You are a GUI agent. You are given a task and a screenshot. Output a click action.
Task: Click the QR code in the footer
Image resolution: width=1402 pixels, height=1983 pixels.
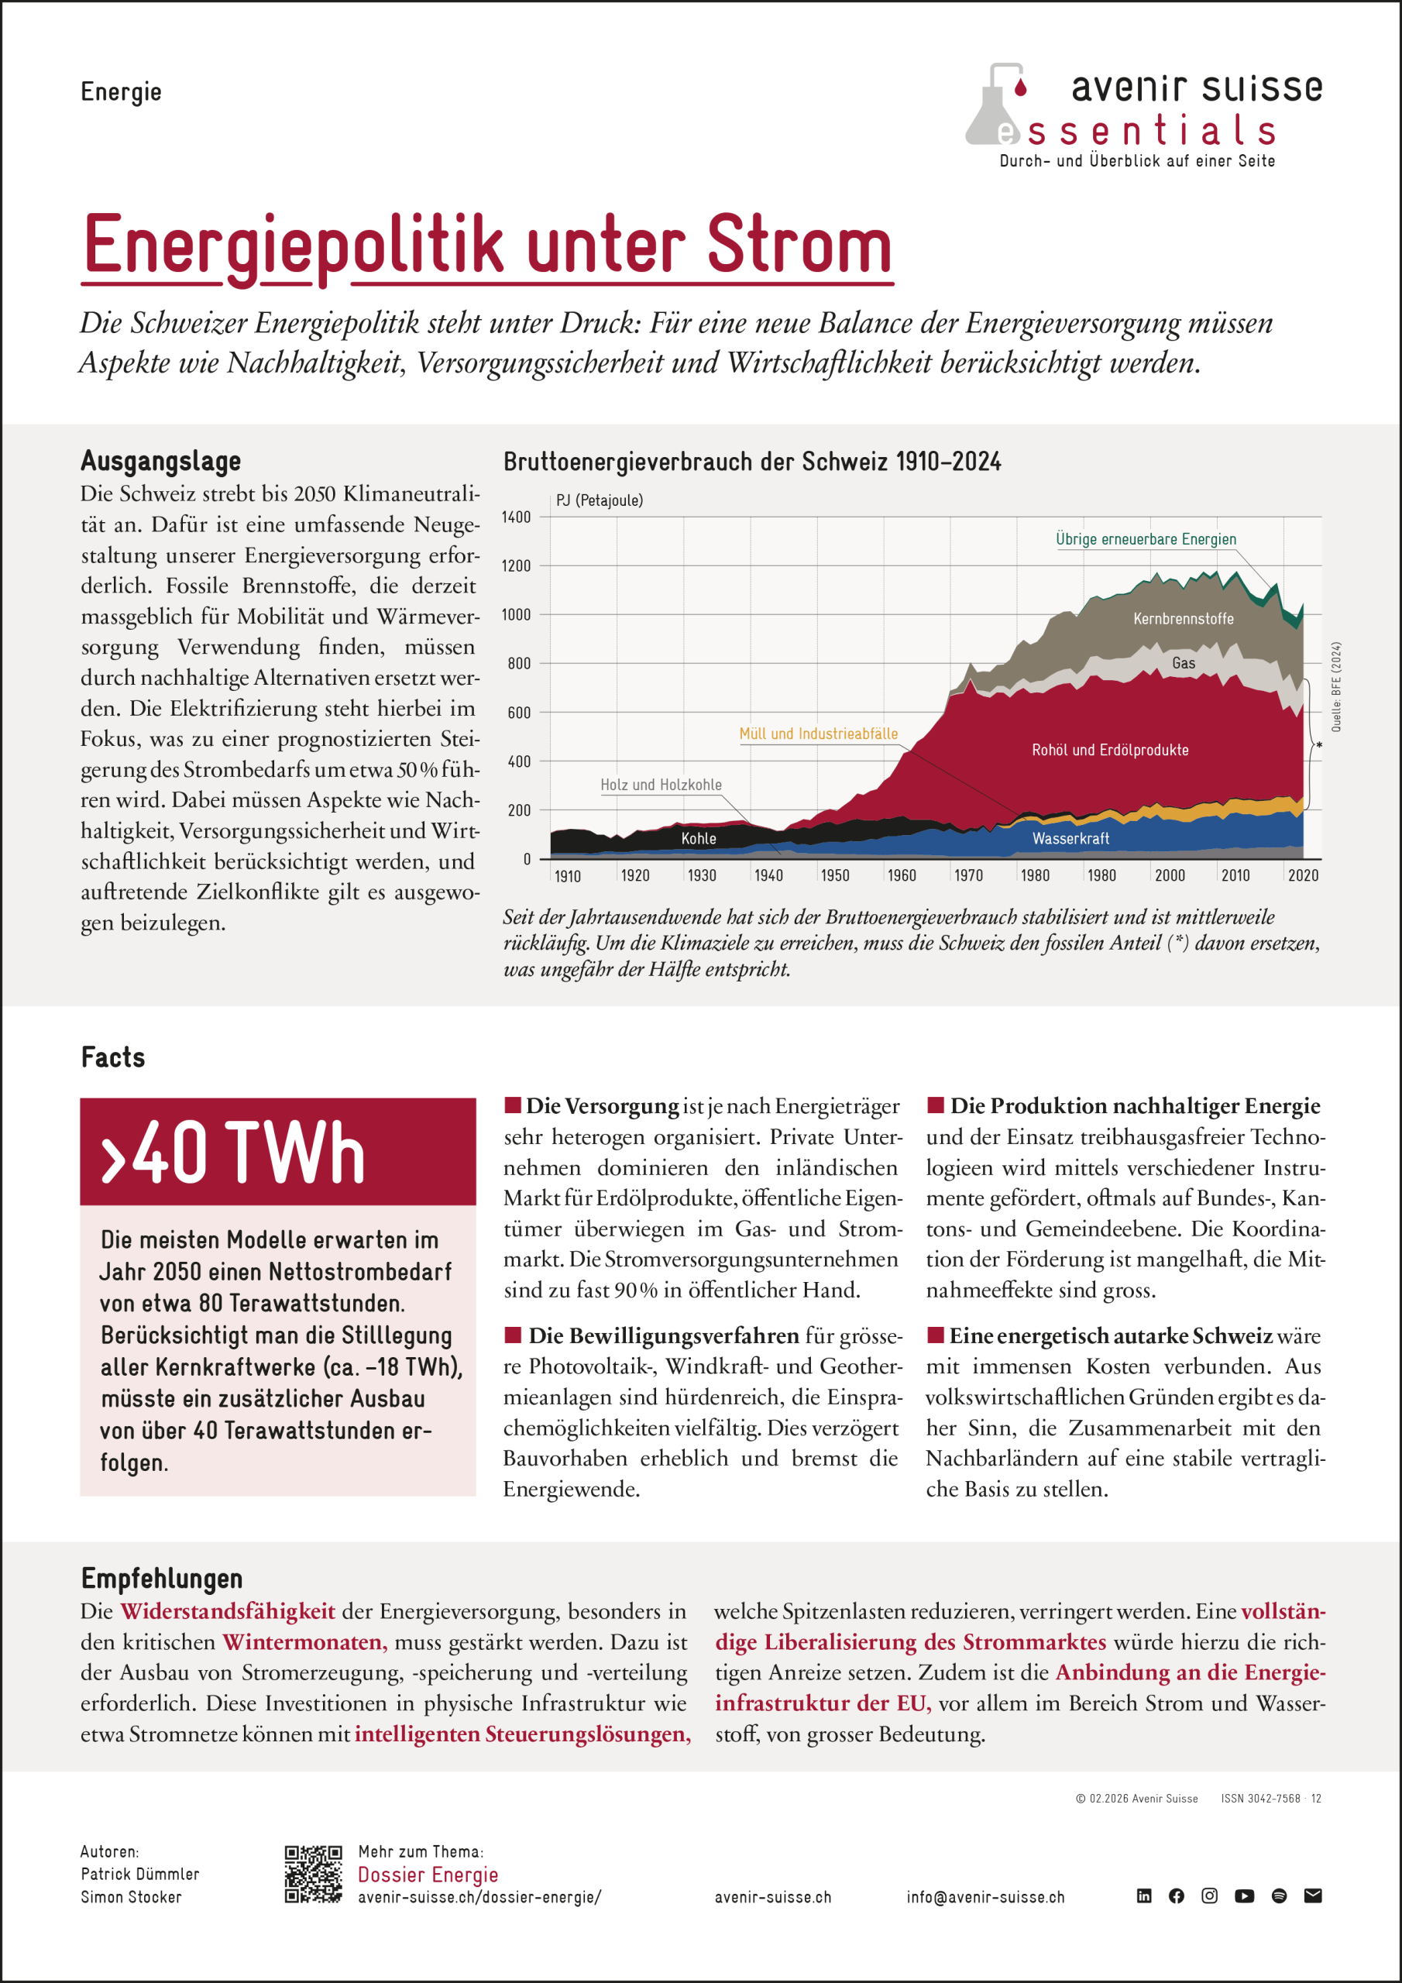(313, 1875)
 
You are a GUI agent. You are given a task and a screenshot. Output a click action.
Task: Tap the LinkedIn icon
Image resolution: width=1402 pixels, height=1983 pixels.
(1144, 1895)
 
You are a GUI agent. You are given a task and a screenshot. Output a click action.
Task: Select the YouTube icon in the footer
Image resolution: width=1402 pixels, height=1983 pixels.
(1244, 1895)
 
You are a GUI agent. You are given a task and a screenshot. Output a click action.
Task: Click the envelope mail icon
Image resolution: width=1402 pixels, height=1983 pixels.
(1313, 1895)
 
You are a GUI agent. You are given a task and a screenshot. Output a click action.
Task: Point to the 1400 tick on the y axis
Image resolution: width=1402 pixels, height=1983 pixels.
(517, 517)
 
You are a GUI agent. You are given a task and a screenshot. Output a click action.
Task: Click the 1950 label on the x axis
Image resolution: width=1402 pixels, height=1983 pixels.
(834, 876)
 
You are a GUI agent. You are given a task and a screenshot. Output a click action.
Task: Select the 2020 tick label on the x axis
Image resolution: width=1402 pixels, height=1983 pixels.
(1303, 876)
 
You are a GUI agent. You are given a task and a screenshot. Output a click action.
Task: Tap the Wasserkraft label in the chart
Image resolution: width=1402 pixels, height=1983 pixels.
(1070, 839)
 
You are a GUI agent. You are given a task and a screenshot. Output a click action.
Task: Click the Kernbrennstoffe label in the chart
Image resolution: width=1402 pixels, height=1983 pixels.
(1184, 619)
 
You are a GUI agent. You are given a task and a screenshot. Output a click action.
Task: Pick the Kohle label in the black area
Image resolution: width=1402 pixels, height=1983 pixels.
(698, 839)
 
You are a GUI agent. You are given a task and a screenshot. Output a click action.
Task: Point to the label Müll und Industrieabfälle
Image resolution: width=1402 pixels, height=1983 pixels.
(818, 734)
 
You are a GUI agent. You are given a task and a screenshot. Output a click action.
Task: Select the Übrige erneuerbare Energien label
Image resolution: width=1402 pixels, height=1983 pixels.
(1146, 540)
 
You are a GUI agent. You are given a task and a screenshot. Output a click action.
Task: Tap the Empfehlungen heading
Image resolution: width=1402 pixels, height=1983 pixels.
(162, 1578)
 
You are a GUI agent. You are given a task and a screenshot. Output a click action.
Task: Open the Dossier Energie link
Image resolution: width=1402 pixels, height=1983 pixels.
(428, 1875)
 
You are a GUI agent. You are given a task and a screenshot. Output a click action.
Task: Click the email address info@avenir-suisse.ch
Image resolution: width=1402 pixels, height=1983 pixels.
(984, 1898)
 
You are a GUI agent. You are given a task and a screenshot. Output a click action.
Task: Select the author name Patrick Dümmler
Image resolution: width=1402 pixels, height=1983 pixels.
(140, 1875)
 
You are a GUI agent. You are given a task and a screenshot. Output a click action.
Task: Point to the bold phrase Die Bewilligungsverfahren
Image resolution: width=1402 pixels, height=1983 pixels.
(663, 1335)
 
